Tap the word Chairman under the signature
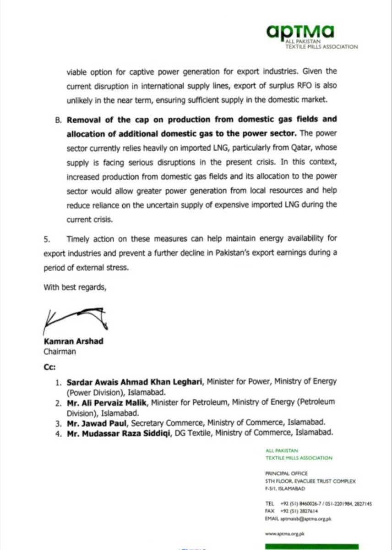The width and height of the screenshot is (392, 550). [x=60, y=352]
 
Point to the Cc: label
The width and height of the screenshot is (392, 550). [x=49, y=367]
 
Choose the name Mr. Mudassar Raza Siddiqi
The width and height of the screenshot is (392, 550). [x=117, y=432]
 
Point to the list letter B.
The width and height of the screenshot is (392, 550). [x=58, y=120]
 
